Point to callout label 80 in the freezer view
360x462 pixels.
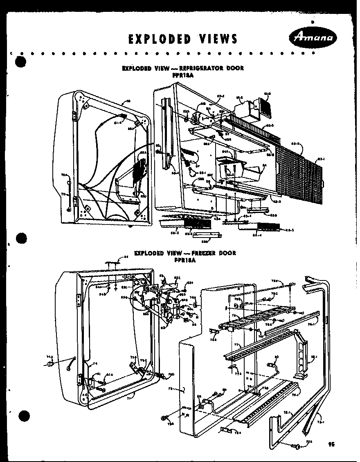point(276,357)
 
